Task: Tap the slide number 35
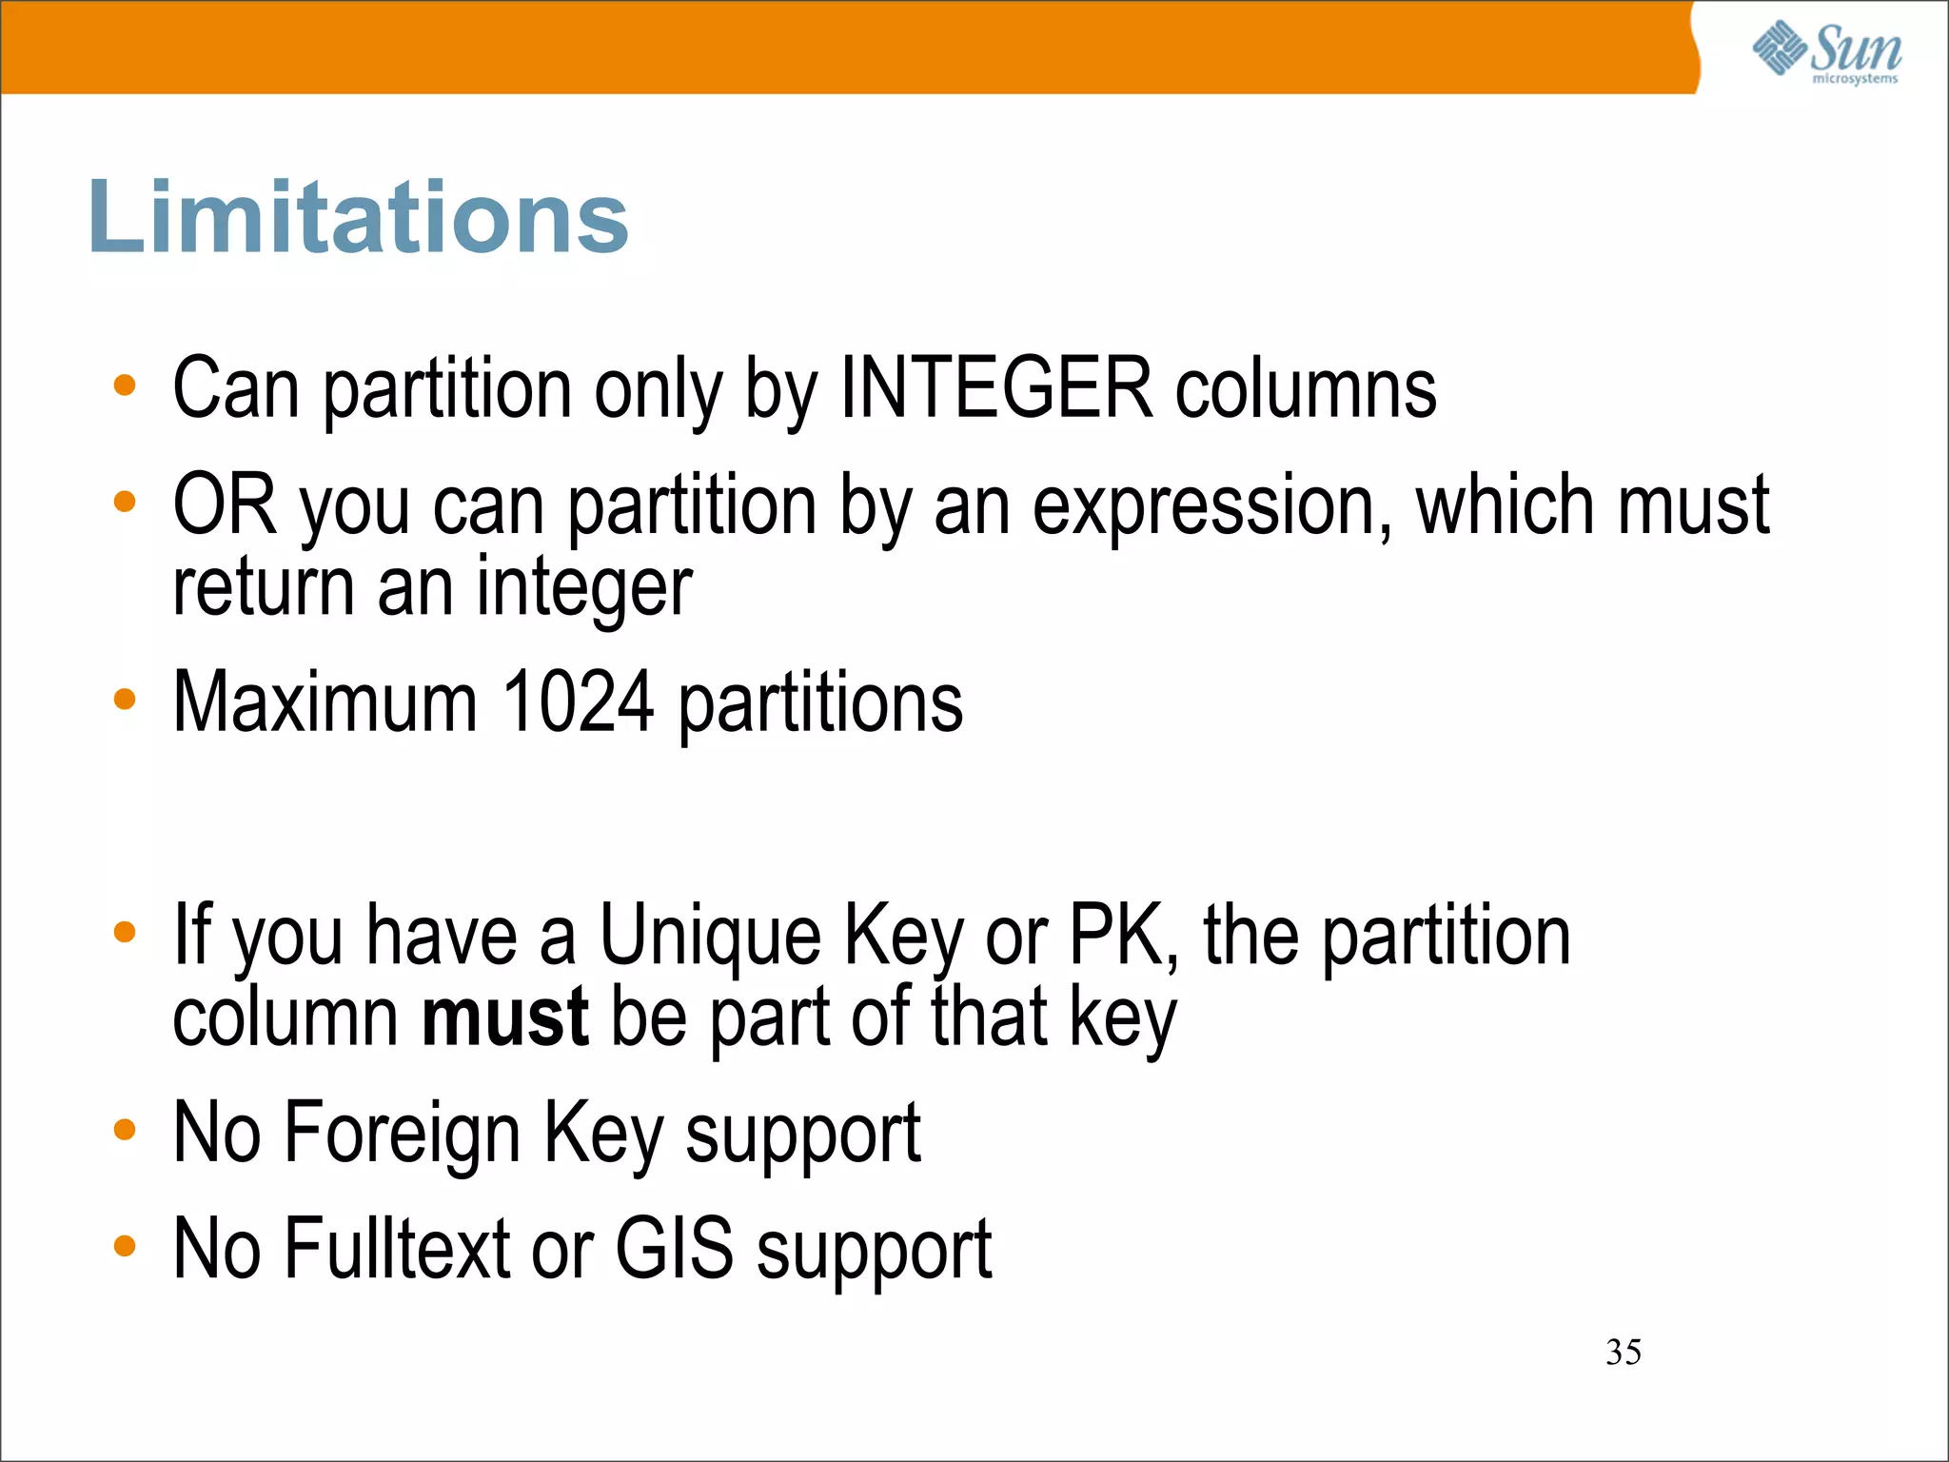click(1623, 1352)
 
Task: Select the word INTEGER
click(996, 387)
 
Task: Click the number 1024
click(577, 701)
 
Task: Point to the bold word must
click(504, 1017)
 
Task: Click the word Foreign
click(402, 1132)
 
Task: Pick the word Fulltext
click(397, 1248)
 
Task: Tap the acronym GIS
click(674, 1248)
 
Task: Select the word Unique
click(710, 936)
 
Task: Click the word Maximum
click(325, 701)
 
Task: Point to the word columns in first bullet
click(1305, 387)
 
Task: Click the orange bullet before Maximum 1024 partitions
click(125, 701)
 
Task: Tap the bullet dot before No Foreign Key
click(125, 1131)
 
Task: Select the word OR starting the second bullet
click(225, 504)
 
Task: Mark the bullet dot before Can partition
click(125, 386)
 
